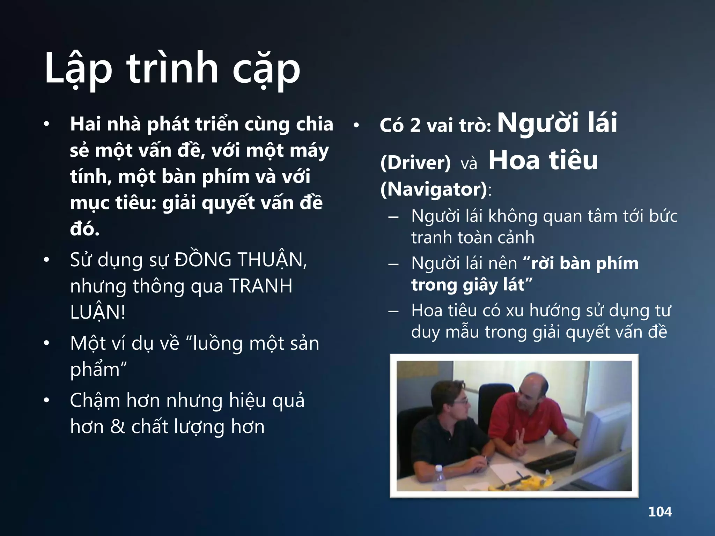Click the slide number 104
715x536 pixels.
(660, 512)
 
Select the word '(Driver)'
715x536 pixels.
(415, 163)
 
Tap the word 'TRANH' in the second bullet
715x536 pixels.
(261, 286)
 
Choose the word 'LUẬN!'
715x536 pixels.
(97, 312)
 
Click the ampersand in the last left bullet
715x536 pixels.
(117, 427)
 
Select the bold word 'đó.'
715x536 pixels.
(85, 229)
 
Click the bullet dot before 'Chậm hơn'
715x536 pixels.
(46, 401)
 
